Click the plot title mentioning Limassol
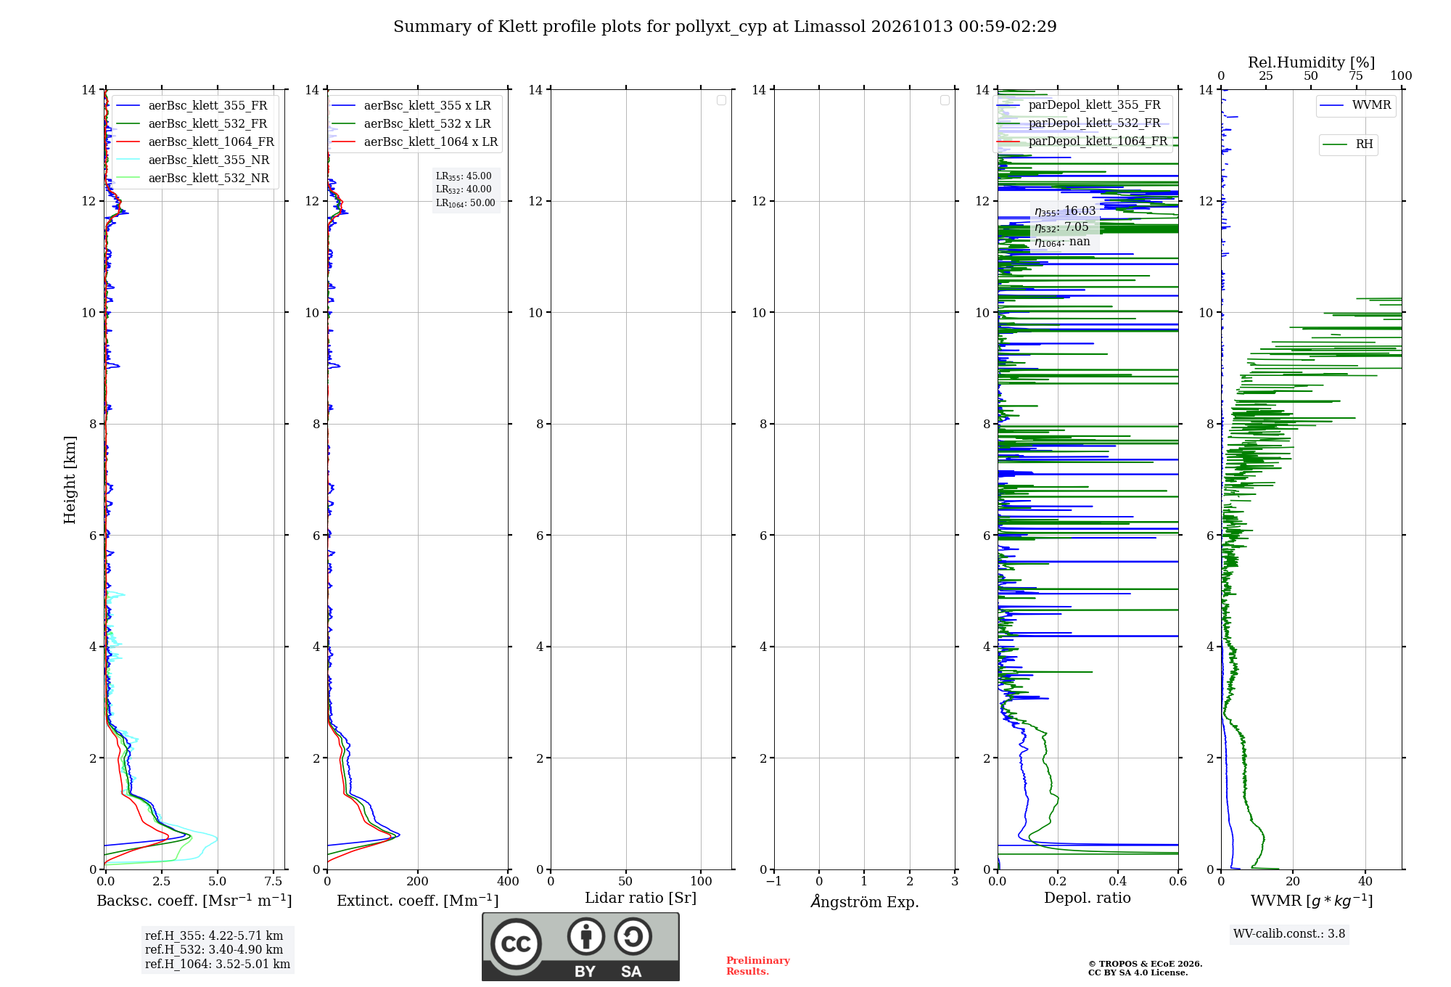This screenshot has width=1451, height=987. tap(725, 27)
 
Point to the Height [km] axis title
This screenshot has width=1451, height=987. tap(70, 479)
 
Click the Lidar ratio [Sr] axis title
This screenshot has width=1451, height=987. tap(641, 898)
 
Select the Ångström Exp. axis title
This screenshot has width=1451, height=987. tap(865, 901)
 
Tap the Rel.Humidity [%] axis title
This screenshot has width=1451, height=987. tap(1311, 62)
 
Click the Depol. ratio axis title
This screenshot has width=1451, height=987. tap(1087, 898)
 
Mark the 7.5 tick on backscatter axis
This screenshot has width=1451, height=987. tap(274, 881)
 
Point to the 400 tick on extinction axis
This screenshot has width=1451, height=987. tap(508, 881)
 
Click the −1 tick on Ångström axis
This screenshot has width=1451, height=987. tap(774, 881)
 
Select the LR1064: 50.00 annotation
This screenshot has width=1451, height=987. tap(465, 203)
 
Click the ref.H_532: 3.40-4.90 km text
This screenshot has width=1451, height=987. tap(214, 949)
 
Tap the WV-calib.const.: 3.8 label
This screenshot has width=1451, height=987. tap(1289, 934)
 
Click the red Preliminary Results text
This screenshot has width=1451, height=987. tap(758, 966)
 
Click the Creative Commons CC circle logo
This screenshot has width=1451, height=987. tap(516, 944)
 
